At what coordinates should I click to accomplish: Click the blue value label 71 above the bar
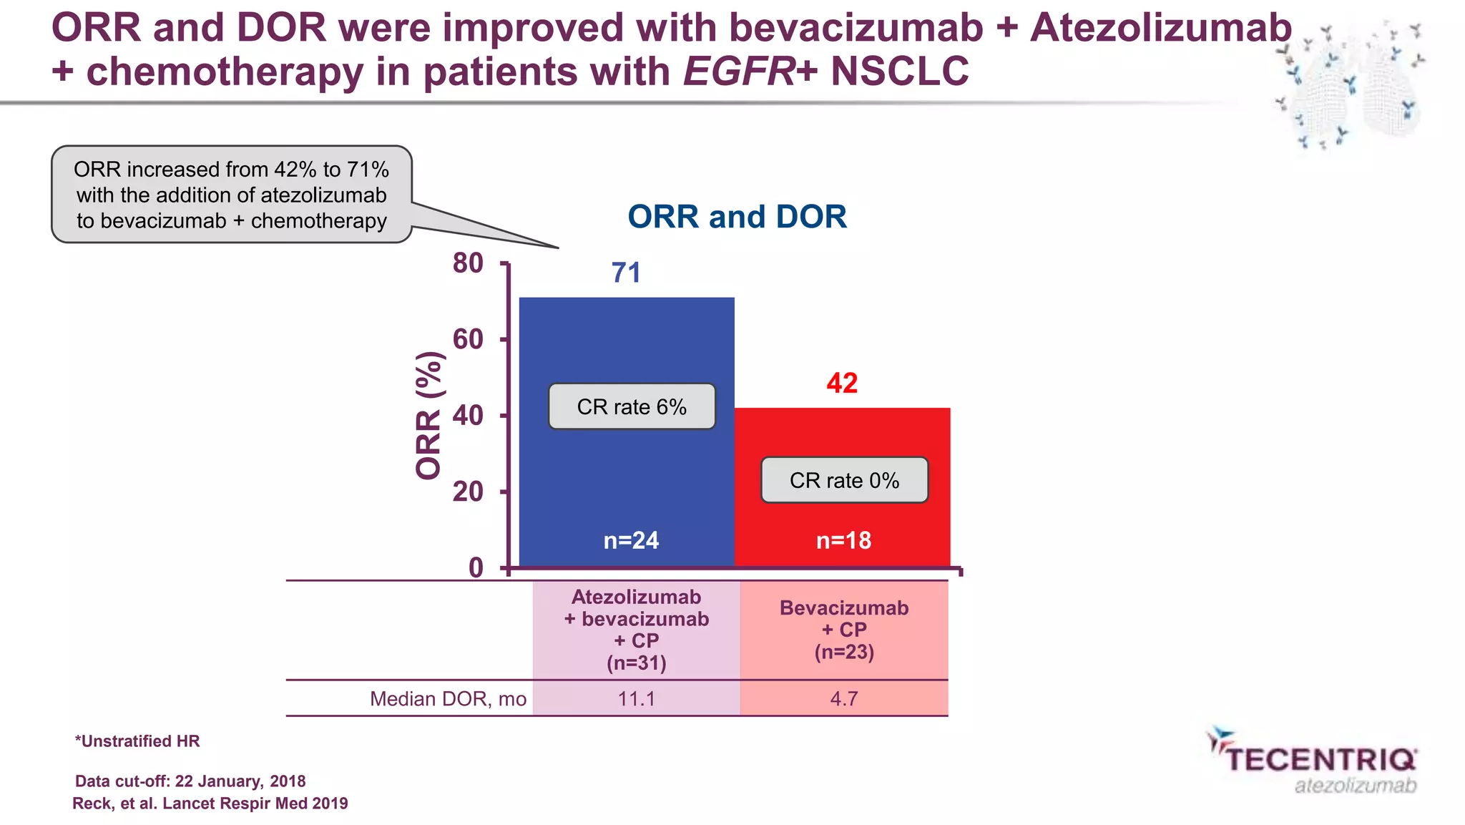click(626, 273)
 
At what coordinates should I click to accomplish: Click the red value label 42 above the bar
click(842, 384)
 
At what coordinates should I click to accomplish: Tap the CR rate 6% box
click(632, 406)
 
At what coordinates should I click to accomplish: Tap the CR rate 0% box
click(844, 480)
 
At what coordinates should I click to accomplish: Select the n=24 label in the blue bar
click(631, 540)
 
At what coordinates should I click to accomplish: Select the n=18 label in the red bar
click(844, 540)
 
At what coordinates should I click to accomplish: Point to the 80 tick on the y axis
click(469, 263)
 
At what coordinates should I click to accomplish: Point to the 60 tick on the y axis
click(469, 339)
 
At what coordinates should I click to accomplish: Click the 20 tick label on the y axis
click(469, 492)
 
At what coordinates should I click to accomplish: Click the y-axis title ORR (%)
click(428, 415)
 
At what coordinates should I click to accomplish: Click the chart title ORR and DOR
click(737, 217)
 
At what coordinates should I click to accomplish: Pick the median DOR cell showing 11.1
click(636, 698)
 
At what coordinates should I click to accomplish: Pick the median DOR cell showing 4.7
click(844, 698)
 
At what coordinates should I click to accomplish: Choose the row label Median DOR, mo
click(448, 698)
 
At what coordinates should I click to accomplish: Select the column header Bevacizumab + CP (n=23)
click(844, 630)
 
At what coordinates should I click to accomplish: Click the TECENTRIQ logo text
click(1321, 760)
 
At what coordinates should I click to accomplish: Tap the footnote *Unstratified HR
click(137, 741)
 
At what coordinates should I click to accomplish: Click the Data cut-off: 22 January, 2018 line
click(190, 781)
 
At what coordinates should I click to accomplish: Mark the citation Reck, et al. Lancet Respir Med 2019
click(210, 804)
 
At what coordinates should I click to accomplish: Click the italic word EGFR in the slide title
click(739, 72)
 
